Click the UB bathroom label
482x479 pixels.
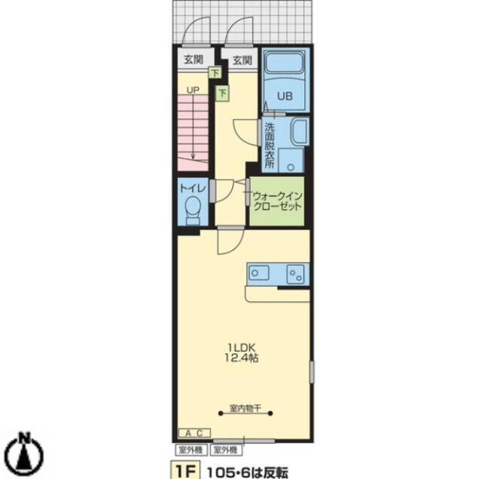(x=285, y=96)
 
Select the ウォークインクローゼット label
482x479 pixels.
(x=277, y=201)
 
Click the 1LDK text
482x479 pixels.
(x=241, y=348)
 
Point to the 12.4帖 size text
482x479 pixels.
(x=241, y=358)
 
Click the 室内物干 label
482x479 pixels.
(x=246, y=408)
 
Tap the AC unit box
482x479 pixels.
(x=194, y=433)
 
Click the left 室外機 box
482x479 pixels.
(x=191, y=450)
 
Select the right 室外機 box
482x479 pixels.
(x=226, y=450)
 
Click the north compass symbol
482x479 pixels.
(x=25, y=452)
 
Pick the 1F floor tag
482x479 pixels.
(x=185, y=471)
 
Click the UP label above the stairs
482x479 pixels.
(x=193, y=90)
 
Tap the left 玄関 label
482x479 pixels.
(x=194, y=59)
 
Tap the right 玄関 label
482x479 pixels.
(x=243, y=60)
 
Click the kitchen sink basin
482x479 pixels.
(x=258, y=273)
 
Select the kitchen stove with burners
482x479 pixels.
(x=296, y=274)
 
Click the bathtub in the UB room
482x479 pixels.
(x=284, y=63)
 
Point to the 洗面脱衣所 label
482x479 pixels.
(x=270, y=145)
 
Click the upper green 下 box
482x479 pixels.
(x=215, y=72)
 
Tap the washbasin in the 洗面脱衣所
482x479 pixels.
(x=299, y=133)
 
